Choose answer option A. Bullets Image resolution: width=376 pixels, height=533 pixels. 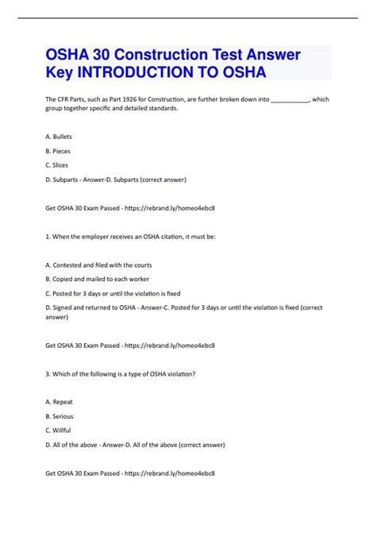coord(59,137)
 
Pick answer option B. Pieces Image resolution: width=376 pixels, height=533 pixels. coord(59,150)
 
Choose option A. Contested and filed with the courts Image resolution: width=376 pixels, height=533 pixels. coord(99,265)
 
